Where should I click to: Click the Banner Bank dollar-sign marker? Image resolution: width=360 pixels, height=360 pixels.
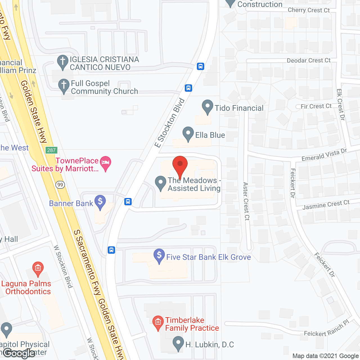tap(100, 202)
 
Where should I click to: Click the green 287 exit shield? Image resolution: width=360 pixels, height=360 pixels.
tap(51, 150)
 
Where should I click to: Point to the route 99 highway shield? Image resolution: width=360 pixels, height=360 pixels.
tap(60, 184)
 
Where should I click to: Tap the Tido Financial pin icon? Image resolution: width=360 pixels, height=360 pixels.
tap(208, 107)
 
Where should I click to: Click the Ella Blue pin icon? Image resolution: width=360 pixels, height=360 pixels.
tap(188, 134)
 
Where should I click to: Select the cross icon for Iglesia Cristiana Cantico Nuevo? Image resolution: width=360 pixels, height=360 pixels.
tap(62, 62)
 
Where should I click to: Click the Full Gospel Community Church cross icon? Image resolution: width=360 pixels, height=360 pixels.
tap(64, 85)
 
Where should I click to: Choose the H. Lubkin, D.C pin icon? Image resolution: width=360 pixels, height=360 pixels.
tap(178, 343)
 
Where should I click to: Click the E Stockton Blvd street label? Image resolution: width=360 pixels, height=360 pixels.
tap(170, 123)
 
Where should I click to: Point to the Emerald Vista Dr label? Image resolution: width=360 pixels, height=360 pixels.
tap(324, 155)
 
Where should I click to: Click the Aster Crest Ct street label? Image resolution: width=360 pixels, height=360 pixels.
tap(246, 201)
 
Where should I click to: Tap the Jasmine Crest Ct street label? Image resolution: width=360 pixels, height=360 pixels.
tap(326, 205)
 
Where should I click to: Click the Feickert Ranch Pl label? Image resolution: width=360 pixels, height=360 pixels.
tap(326, 330)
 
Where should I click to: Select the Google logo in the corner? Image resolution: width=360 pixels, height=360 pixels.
tap(19, 353)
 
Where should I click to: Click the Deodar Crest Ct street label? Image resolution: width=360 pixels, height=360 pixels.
tap(309, 60)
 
